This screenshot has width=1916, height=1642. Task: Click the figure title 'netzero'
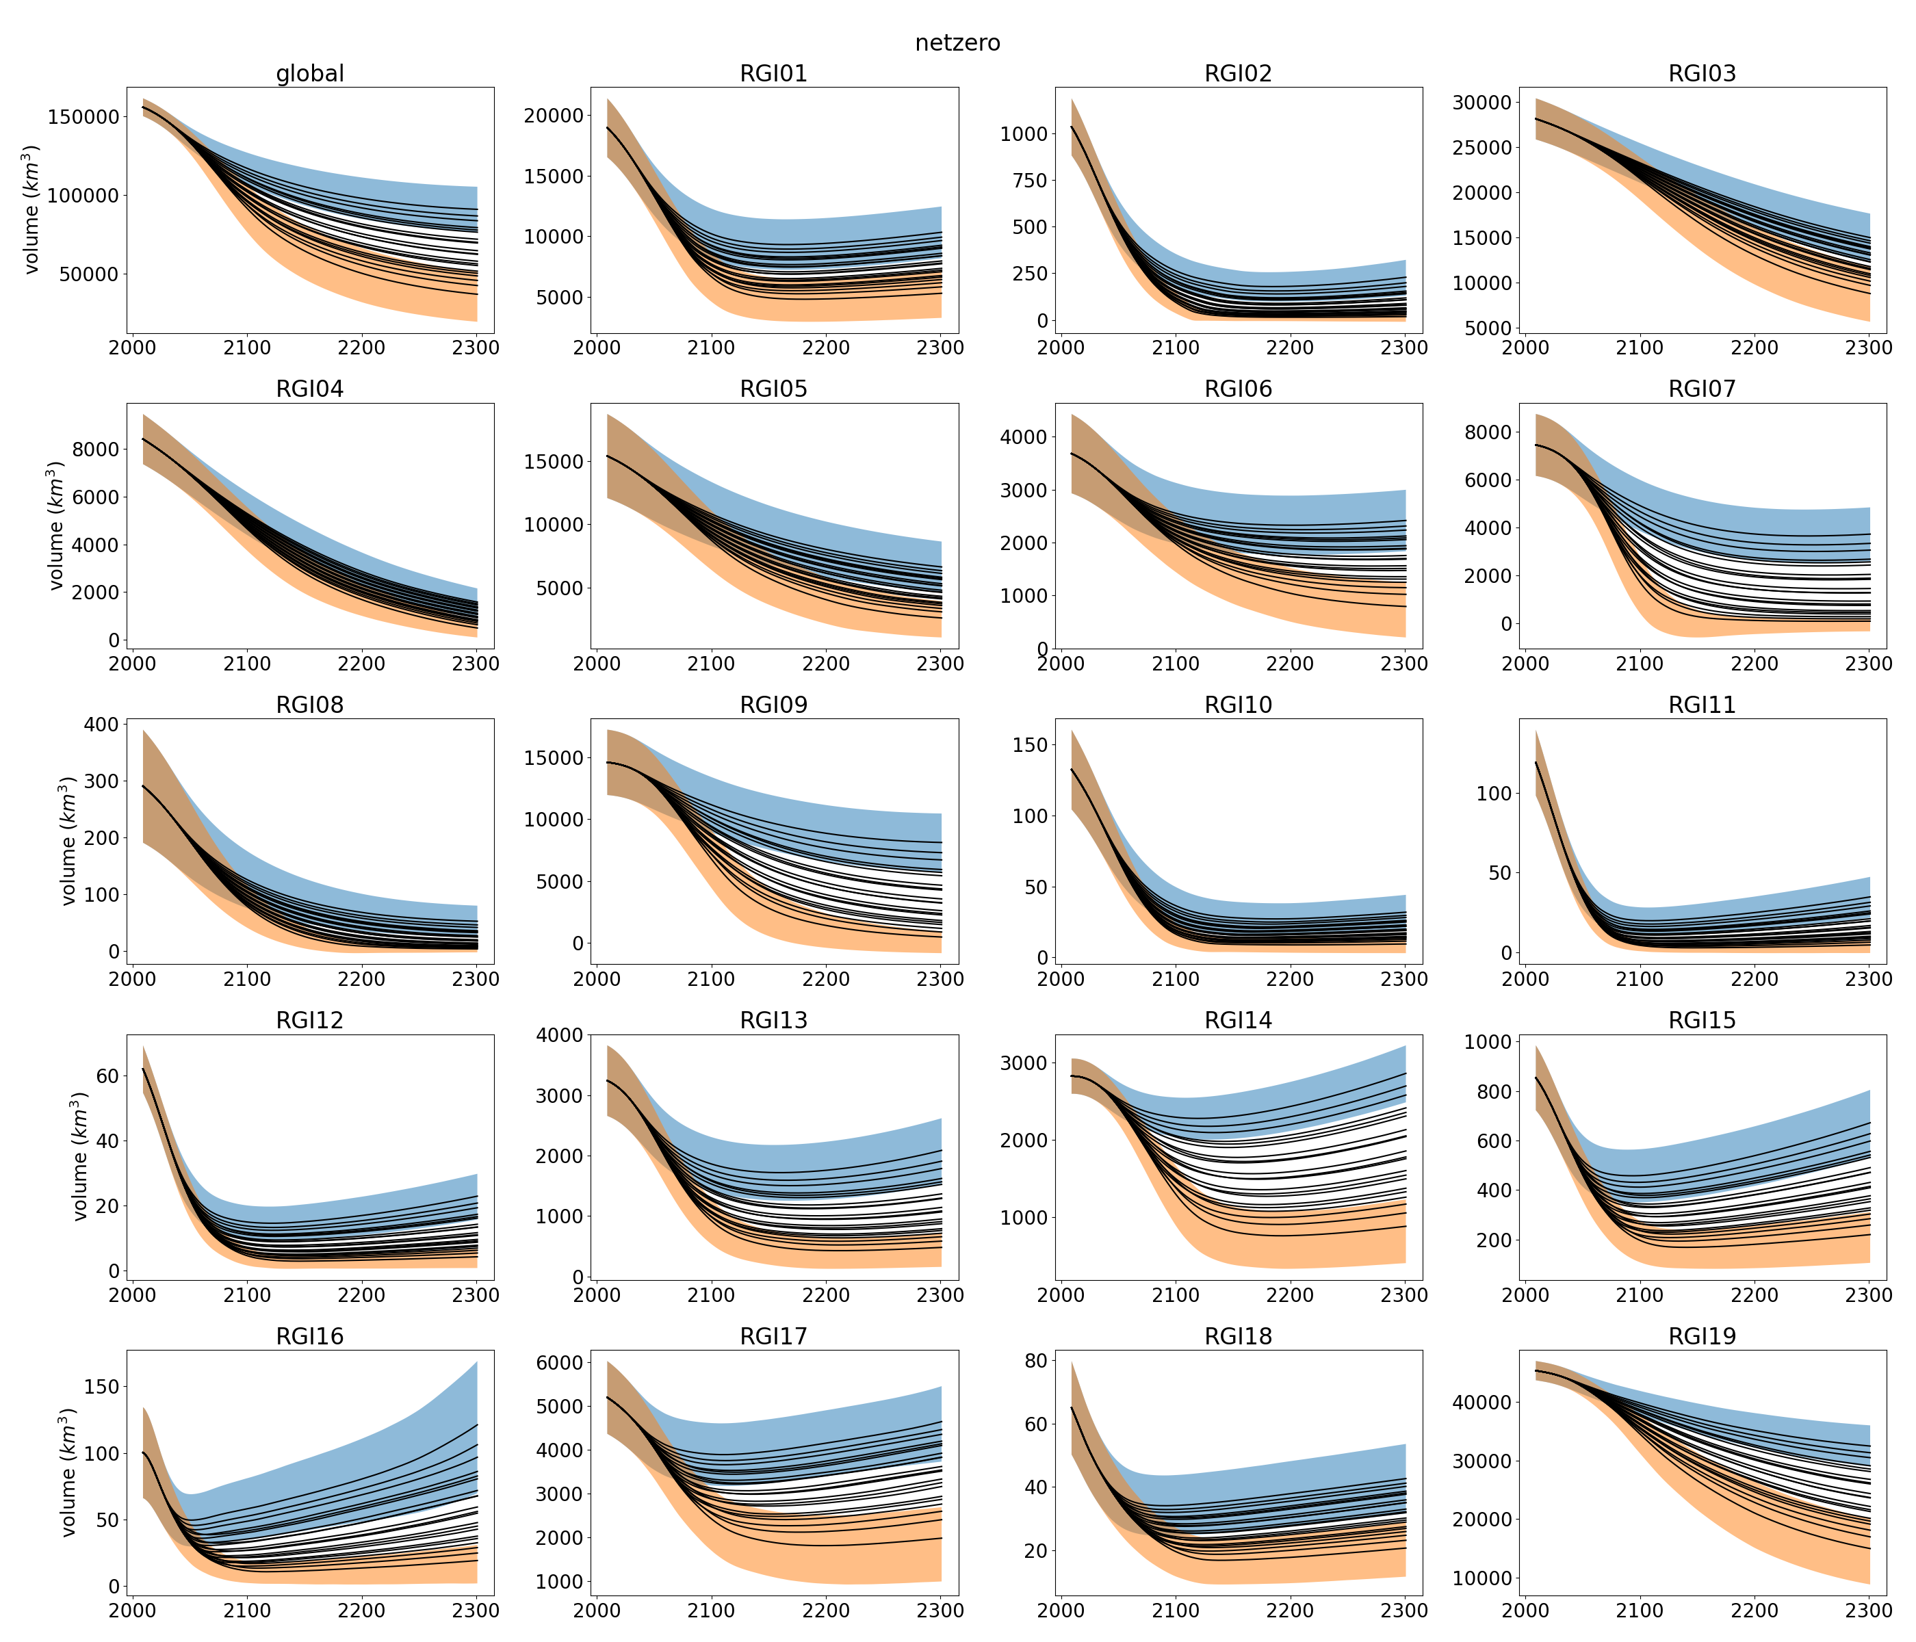(x=957, y=44)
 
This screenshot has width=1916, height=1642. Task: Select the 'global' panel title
(x=310, y=74)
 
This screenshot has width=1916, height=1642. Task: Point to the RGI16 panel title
(x=310, y=1336)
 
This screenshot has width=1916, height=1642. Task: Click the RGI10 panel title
(x=1237, y=705)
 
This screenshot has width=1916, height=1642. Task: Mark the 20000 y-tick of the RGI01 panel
(x=554, y=116)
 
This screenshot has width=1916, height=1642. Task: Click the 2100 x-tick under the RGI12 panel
(x=247, y=1294)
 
